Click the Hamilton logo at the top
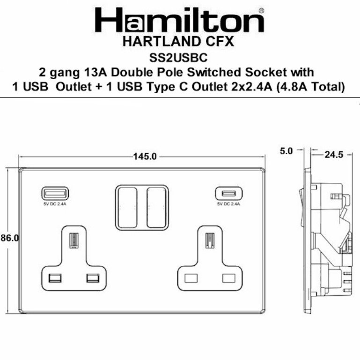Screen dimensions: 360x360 tap(179, 21)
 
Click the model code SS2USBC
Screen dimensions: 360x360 tap(180, 58)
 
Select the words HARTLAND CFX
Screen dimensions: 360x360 tap(180, 43)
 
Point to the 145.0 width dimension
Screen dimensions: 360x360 tap(145, 157)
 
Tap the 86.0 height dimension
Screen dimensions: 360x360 tap(9, 238)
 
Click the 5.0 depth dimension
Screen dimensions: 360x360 tap(286, 151)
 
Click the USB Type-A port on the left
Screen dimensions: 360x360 tap(49, 193)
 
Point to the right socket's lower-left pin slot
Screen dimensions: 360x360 tap(191, 278)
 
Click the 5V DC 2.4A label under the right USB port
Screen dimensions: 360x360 tap(228, 204)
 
